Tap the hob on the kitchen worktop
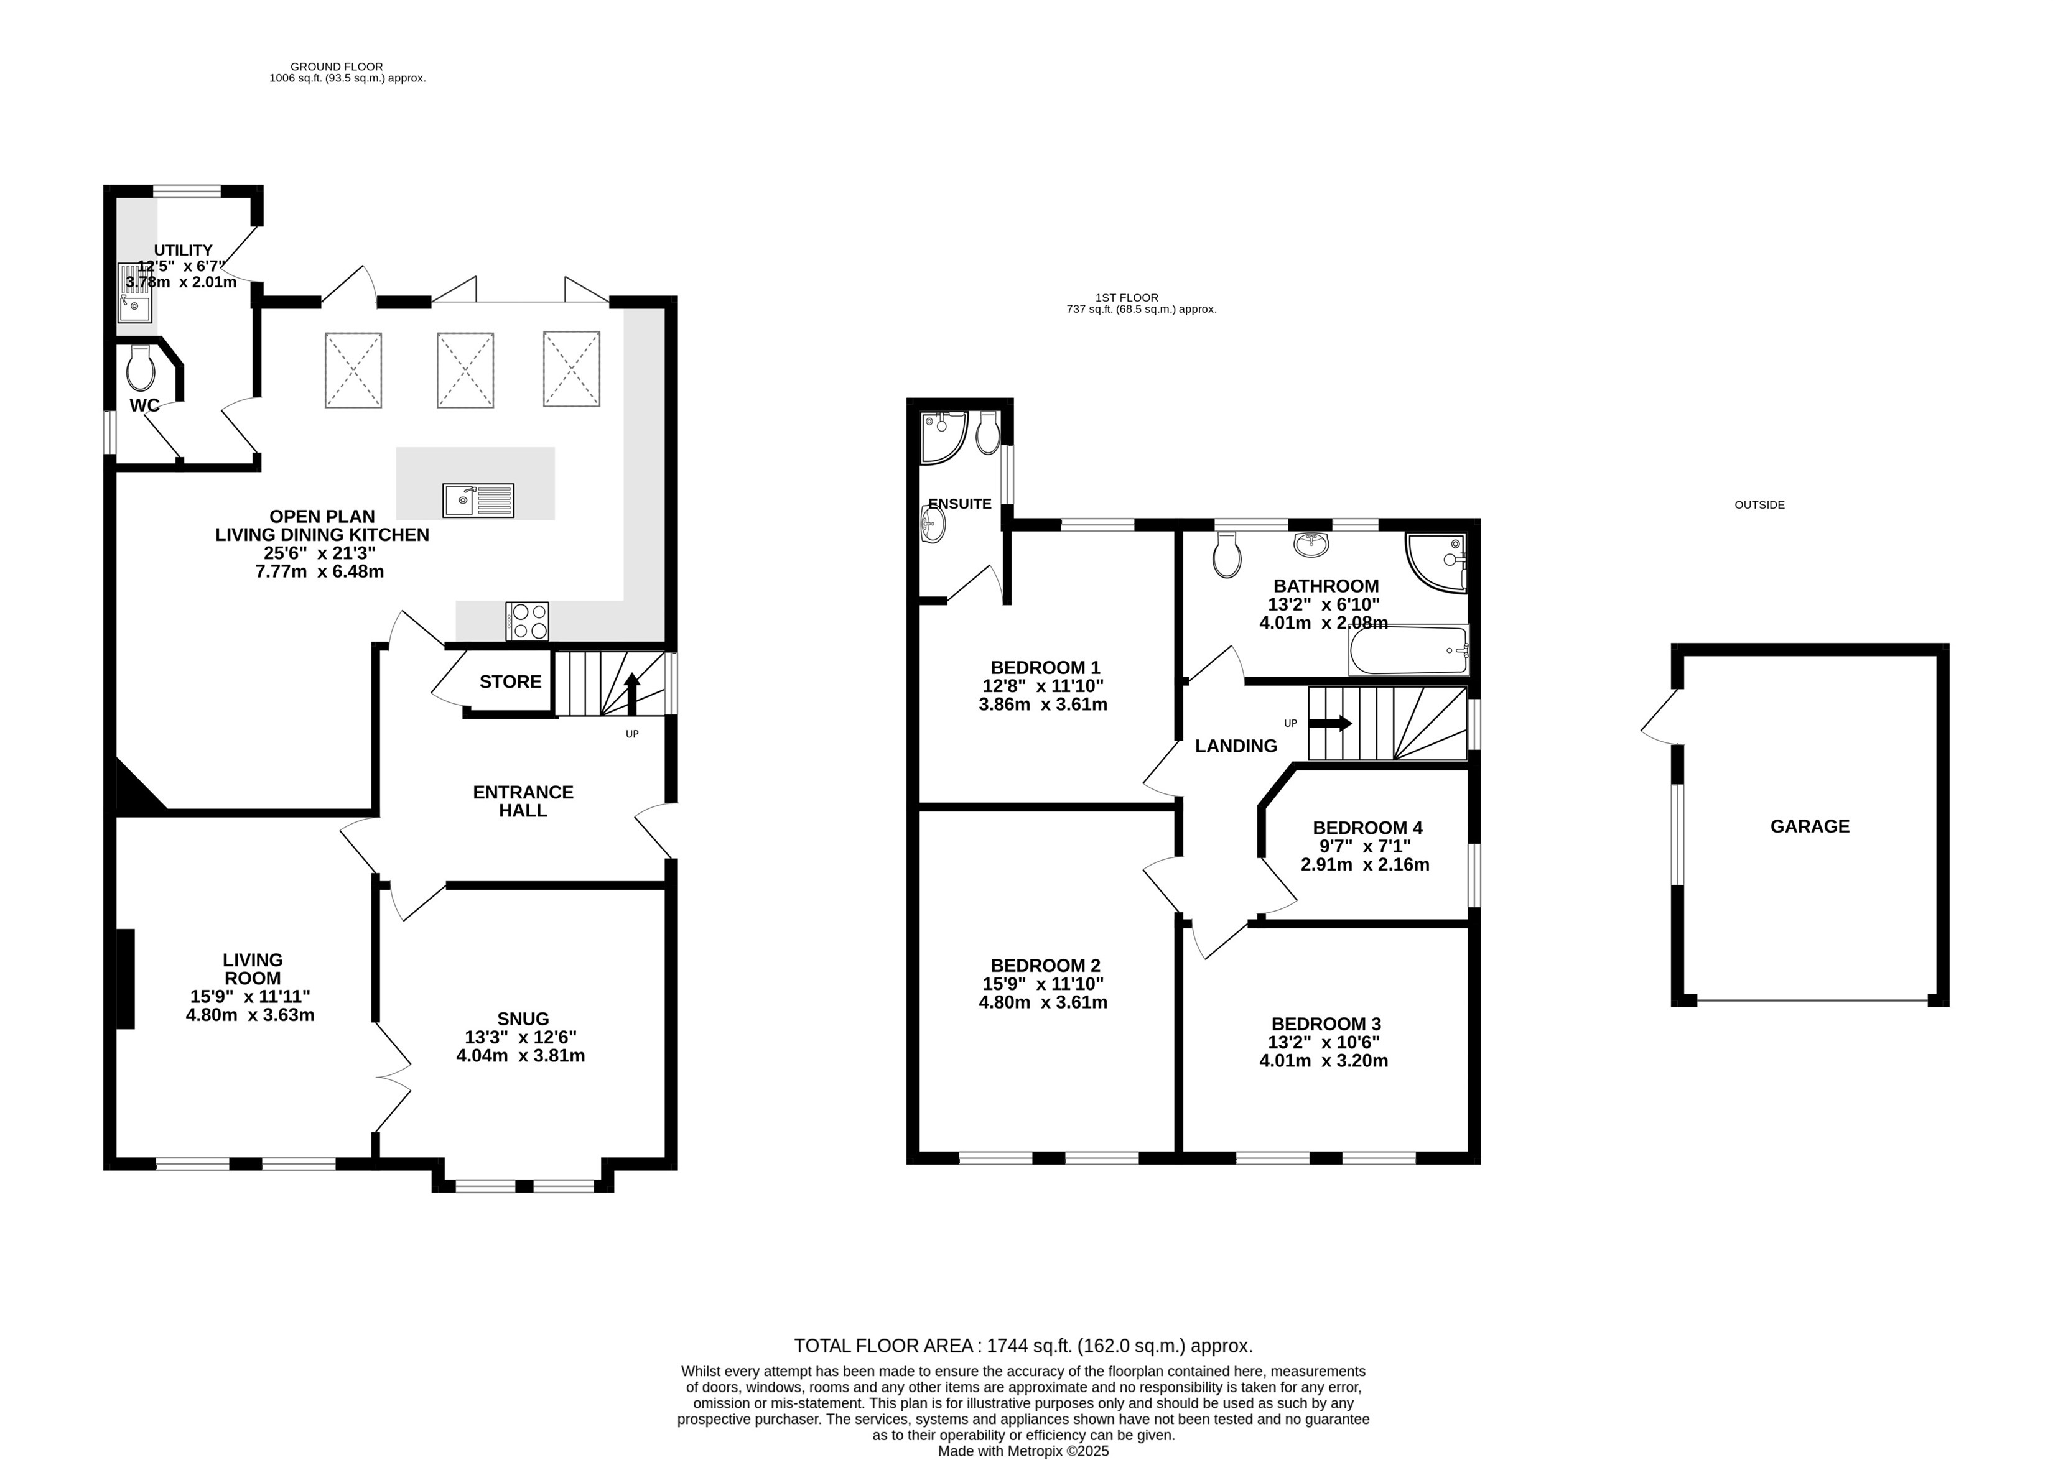pyautogui.click(x=527, y=621)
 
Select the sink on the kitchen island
pyautogui.click(x=478, y=500)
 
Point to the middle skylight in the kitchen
pyautogui.click(x=465, y=369)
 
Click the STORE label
pyautogui.click(x=511, y=681)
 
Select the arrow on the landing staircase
pyautogui.click(x=1330, y=723)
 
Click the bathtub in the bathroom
pyautogui.click(x=1408, y=650)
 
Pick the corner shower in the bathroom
pyautogui.click(x=1437, y=563)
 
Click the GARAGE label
pyautogui.click(x=1809, y=826)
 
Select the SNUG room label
pyautogui.click(x=523, y=1019)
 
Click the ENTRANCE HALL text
pyautogui.click(x=523, y=801)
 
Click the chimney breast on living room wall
pyautogui.click(x=126, y=979)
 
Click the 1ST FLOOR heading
pyautogui.click(x=1127, y=298)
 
